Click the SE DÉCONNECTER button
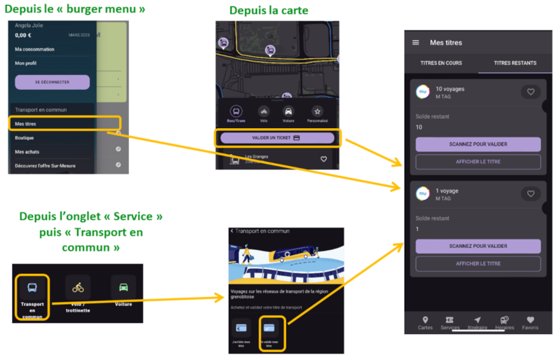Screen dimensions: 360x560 click(x=52, y=82)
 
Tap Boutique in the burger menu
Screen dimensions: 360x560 click(x=24, y=138)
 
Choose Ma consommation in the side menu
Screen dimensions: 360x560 click(x=36, y=49)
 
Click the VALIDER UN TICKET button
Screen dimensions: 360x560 click(x=276, y=138)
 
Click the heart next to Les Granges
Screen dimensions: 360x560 click(x=323, y=159)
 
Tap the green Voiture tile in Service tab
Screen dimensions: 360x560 click(x=123, y=289)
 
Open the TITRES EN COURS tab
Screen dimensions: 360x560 click(x=441, y=63)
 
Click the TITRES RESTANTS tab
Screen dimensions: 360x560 click(x=515, y=63)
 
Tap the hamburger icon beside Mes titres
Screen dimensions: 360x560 click(x=416, y=43)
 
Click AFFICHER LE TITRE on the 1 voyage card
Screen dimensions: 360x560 click(x=478, y=263)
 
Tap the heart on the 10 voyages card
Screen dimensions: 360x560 click(x=531, y=92)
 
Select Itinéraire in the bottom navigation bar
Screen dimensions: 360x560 click(x=477, y=323)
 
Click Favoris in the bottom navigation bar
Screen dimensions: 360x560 click(x=531, y=323)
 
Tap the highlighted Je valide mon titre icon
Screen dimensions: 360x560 click(x=269, y=331)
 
